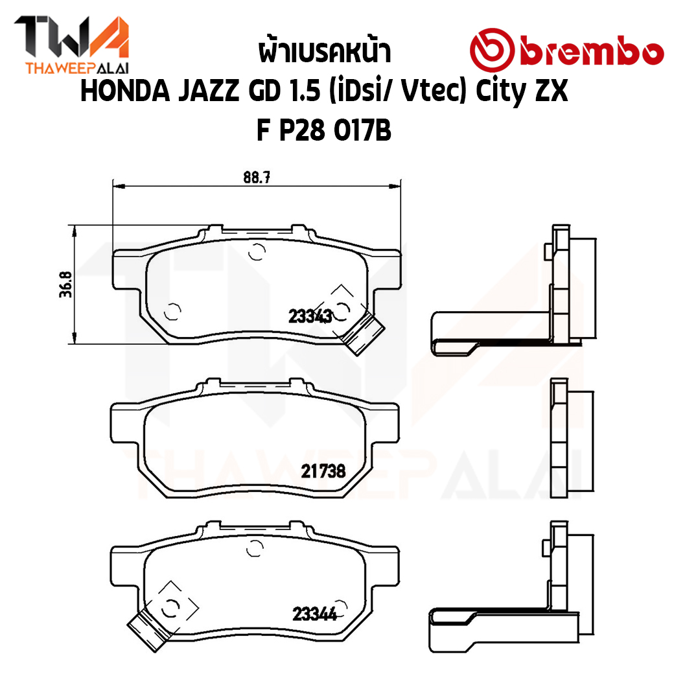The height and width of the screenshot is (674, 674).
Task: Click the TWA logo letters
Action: pos(71,37)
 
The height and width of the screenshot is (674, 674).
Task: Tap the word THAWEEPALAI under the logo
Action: pos(77,68)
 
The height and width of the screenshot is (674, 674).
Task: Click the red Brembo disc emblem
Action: pos(492,50)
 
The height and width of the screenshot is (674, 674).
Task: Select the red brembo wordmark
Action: pos(592,53)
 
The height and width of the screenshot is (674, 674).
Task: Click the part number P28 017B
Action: pos(335,130)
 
